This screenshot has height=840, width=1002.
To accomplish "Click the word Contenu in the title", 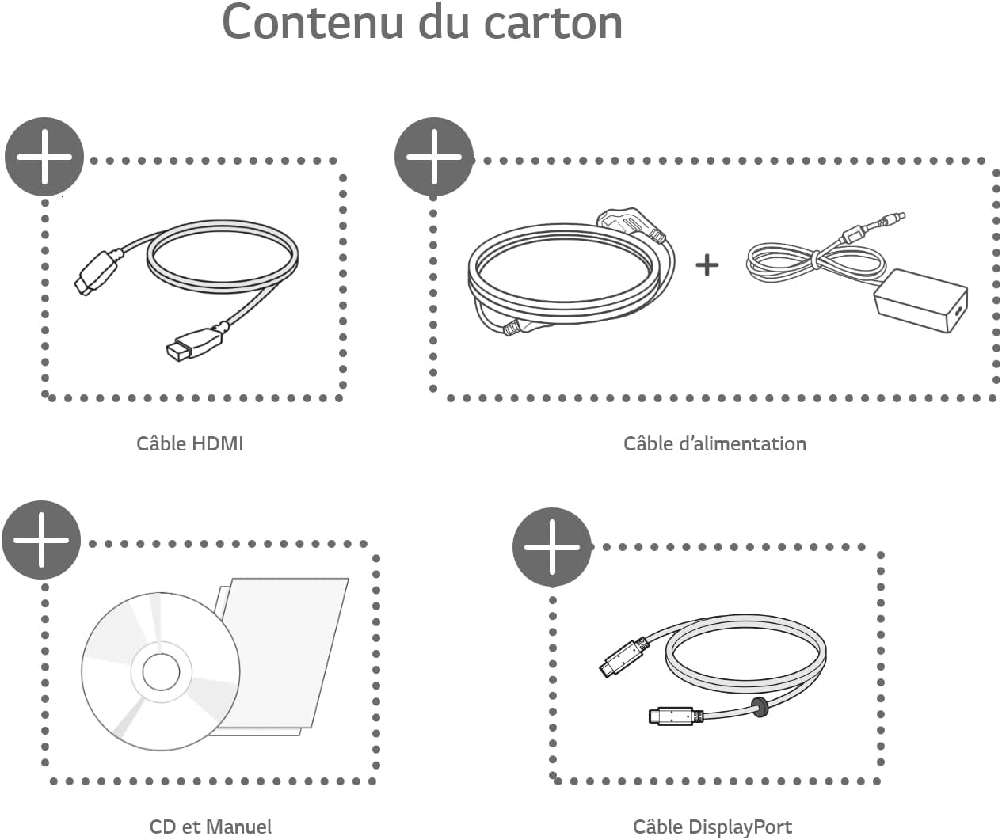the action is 312,22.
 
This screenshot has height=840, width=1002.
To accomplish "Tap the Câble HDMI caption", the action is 190,443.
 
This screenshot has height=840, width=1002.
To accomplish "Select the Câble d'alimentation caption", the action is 714,443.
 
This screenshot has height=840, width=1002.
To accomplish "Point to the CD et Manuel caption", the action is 210,827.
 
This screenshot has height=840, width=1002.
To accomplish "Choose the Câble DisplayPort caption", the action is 712,827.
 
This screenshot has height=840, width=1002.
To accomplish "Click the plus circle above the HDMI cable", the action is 44,157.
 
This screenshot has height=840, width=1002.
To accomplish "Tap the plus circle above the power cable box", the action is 434,157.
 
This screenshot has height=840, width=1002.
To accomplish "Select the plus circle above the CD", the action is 41,540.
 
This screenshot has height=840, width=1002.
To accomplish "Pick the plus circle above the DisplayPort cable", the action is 552,547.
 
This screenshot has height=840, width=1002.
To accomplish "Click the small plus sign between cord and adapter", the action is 707,264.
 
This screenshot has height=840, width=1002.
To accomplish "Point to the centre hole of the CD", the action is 162,672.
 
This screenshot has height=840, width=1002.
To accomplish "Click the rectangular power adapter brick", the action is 920,301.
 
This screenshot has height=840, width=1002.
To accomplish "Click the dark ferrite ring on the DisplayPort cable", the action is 759,707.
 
